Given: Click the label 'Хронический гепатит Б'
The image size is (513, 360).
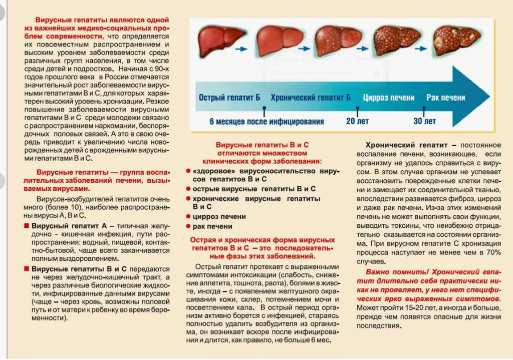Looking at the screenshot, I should (310, 98).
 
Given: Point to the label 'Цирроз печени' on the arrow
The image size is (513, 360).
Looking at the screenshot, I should (388, 98).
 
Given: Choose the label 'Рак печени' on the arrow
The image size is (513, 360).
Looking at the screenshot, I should (445, 98).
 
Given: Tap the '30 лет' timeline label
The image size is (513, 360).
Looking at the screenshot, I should (425, 121).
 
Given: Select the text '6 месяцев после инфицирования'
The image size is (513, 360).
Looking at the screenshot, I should (267, 121).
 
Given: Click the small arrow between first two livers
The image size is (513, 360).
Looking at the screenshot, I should (241, 49).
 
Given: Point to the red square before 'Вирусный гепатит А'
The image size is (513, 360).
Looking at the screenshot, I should (26, 226).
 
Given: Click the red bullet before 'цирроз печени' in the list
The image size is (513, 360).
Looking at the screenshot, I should (188, 217).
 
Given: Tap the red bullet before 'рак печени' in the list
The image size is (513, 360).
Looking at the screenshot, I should (188, 227).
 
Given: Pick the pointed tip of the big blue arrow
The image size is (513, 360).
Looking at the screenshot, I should (488, 96).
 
